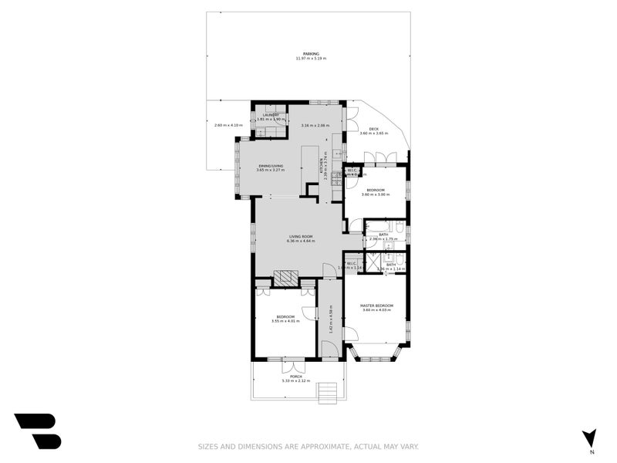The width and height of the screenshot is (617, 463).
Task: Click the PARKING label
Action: (311, 53)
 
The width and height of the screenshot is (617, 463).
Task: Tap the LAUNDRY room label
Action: (271, 114)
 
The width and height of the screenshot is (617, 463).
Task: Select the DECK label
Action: (373, 129)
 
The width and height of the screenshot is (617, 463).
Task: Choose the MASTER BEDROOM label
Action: (377, 306)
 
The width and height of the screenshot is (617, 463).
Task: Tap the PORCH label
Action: (295, 376)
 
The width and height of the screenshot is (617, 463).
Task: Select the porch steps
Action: (329, 393)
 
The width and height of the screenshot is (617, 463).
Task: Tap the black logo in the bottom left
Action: (37, 431)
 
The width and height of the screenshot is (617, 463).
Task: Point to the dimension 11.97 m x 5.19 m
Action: (311, 59)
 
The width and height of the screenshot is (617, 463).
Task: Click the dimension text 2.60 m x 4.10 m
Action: (228, 125)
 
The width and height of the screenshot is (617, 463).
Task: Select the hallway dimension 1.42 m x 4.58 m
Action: (330, 317)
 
